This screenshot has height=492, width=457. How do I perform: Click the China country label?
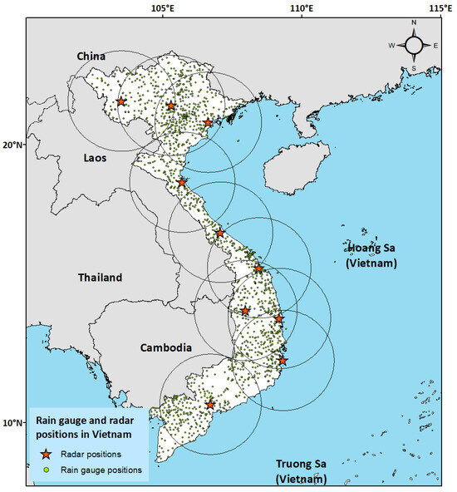[x=91, y=56]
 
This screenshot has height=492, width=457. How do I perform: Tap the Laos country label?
[x=95, y=157]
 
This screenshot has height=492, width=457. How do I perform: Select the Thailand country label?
[x=100, y=278]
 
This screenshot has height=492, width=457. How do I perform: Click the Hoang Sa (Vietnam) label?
[x=371, y=254]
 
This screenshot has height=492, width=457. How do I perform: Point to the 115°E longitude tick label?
[x=440, y=7]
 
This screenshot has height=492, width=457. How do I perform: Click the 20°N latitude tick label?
[x=12, y=145]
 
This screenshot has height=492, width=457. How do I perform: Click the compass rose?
[x=413, y=46]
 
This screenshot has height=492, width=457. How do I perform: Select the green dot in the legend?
[x=47, y=470]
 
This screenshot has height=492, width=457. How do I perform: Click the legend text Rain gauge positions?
[x=102, y=470]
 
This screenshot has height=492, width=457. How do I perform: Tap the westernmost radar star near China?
[x=121, y=101]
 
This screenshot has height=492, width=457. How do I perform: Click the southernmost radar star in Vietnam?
[x=210, y=405]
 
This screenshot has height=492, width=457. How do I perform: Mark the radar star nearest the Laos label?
[x=182, y=182]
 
